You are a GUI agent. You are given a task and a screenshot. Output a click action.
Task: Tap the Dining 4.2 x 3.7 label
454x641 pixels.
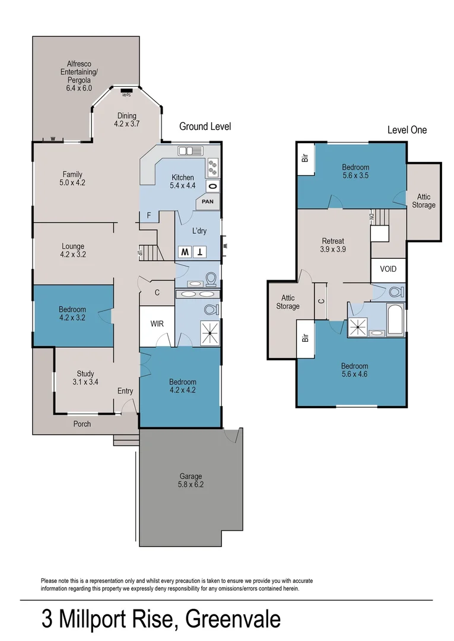126,120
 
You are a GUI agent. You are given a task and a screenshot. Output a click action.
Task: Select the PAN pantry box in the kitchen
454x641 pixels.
208,202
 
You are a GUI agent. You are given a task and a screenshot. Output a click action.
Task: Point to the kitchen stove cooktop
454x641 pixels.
213,168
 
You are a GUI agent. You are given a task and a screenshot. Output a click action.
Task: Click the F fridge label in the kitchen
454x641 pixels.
149,215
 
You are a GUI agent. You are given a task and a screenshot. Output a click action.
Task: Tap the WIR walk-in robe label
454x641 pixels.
157,324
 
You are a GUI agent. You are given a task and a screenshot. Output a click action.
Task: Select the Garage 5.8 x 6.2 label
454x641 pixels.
191,480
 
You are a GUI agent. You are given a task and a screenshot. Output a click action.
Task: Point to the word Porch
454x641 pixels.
82,424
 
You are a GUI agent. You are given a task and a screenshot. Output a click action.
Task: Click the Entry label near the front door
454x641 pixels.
125,391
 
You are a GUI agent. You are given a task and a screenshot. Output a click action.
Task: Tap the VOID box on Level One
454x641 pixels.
388,269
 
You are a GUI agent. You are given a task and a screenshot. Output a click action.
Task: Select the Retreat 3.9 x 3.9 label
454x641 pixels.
334,245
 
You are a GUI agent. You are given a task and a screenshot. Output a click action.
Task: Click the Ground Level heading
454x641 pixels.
205,126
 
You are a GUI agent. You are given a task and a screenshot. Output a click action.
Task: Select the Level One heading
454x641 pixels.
407,130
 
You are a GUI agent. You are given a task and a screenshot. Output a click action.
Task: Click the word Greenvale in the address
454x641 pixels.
233,620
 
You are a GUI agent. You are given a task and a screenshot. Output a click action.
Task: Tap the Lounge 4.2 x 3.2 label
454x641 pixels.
73,250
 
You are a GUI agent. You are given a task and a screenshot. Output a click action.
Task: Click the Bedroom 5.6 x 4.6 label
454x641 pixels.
354,370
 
